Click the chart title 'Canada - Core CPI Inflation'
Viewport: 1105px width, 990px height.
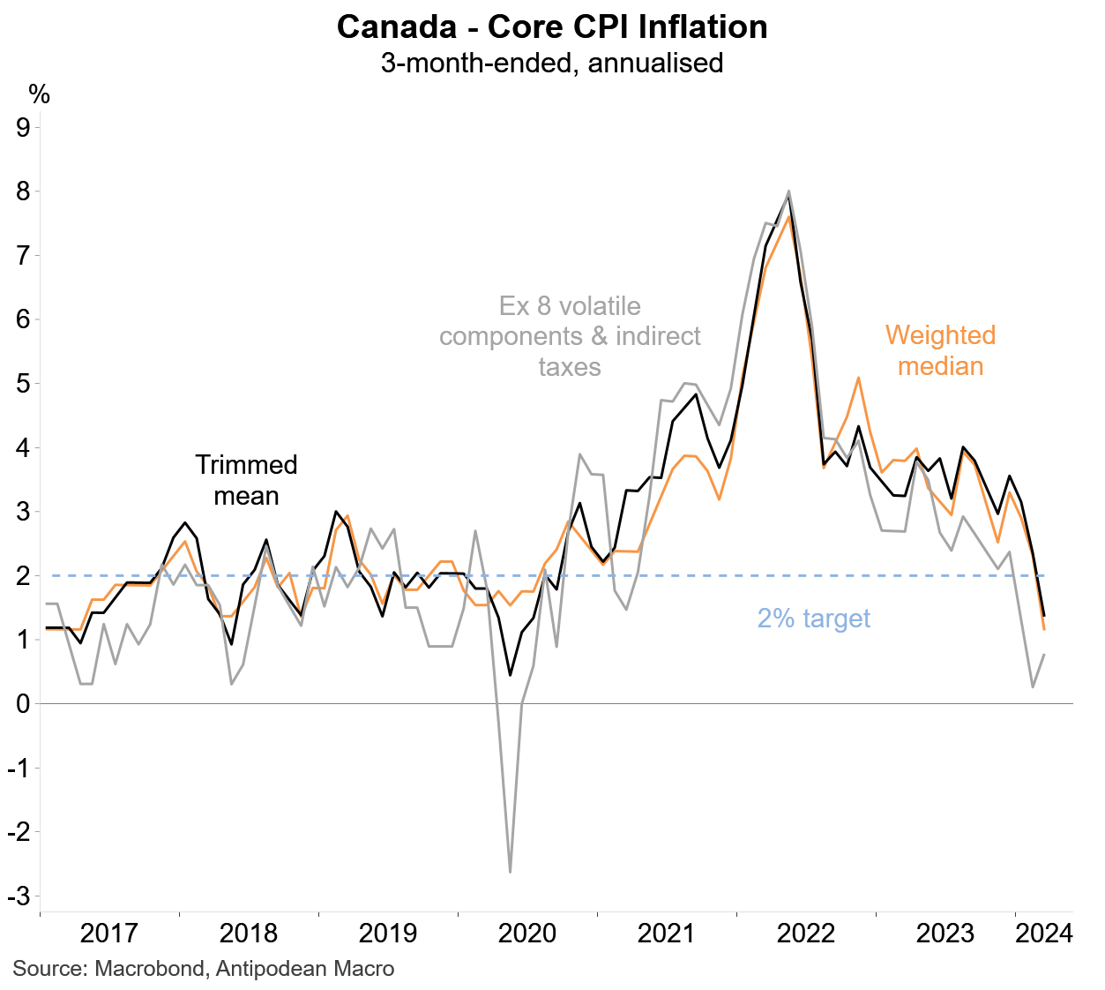[552, 27]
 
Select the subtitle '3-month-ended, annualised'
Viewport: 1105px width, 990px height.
[552, 64]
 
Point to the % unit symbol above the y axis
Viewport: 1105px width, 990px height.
[40, 94]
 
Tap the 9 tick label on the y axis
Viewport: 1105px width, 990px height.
[24, 127]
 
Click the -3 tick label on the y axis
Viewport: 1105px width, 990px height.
[19, 896]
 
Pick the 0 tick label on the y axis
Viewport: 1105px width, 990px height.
[24, 703]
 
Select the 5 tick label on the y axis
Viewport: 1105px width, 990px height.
[24, 384]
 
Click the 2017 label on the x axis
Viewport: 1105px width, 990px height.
[108, 934]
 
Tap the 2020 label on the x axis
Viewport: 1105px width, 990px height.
[527, 934]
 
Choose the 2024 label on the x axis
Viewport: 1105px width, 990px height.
[1043, 934]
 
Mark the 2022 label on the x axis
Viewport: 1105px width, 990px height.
[805, 934]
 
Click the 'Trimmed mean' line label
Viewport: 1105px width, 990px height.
[246, 480]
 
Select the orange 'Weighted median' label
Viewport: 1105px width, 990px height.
[940, 350]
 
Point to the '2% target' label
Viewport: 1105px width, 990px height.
[813, 619]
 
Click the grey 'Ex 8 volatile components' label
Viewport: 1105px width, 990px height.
[570, 336]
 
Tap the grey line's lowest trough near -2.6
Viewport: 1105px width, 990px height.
[510, 872]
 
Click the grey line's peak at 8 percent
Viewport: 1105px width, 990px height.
[788, 191]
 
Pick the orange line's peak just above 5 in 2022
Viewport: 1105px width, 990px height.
[858, 378]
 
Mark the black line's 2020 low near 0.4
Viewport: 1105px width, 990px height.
[510, 675]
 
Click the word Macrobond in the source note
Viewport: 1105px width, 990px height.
[148, 968]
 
